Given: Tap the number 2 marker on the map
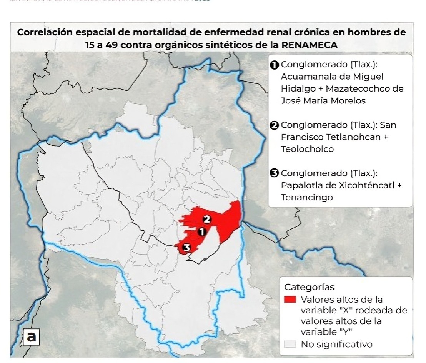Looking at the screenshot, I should tap(207, 220).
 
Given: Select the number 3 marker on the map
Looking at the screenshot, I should tap(186, 248).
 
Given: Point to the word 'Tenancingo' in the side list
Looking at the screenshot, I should tap(307, 197).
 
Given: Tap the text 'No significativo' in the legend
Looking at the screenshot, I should tap(336, 344).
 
